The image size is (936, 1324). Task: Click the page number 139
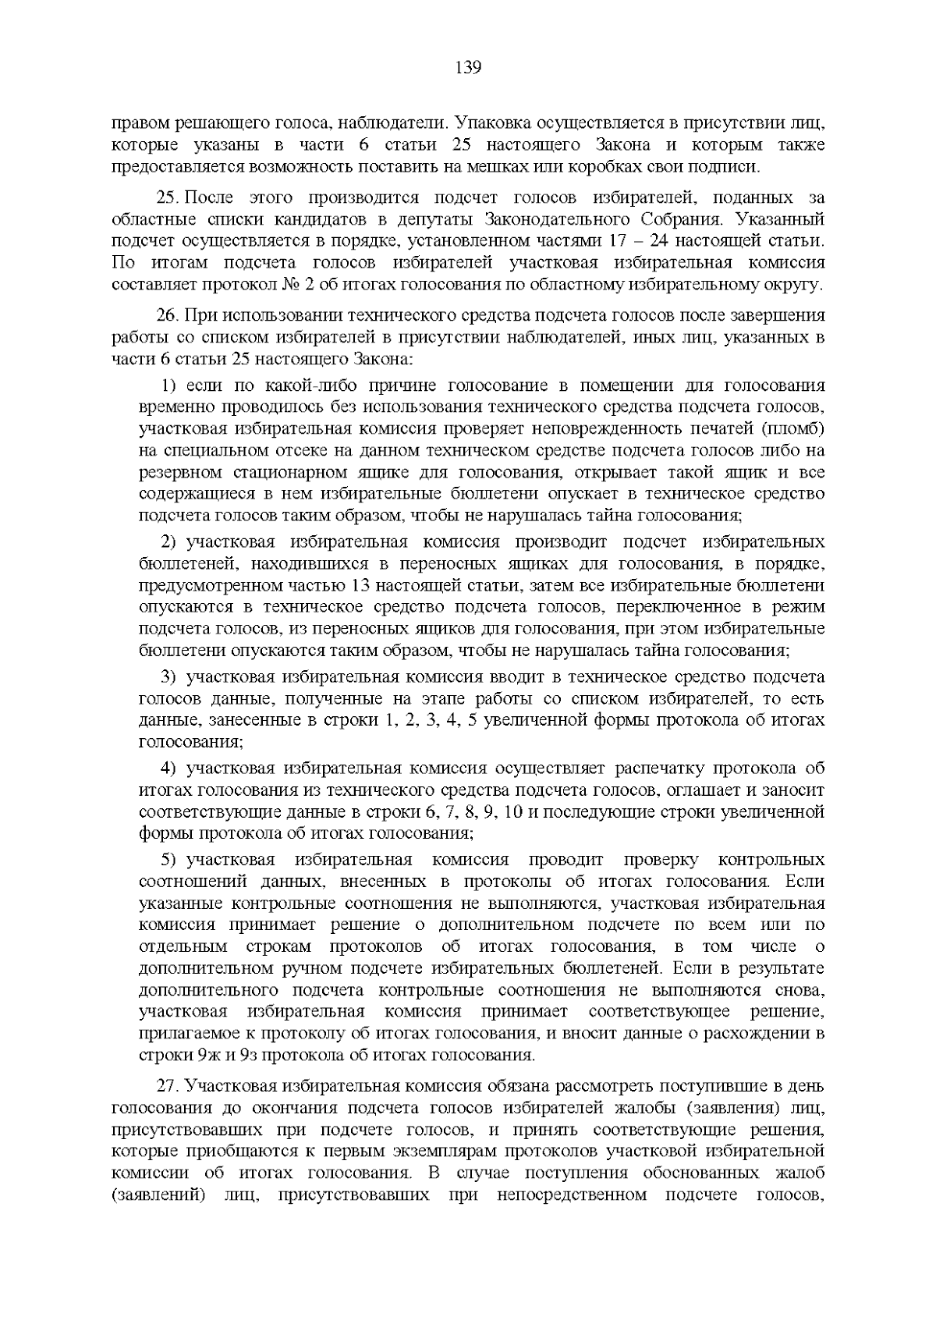pos(468,68)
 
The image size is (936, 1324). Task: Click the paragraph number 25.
pos(168,199)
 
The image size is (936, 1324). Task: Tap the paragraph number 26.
pos(168,316)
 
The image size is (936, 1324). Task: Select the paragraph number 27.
pos(168,1086)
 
